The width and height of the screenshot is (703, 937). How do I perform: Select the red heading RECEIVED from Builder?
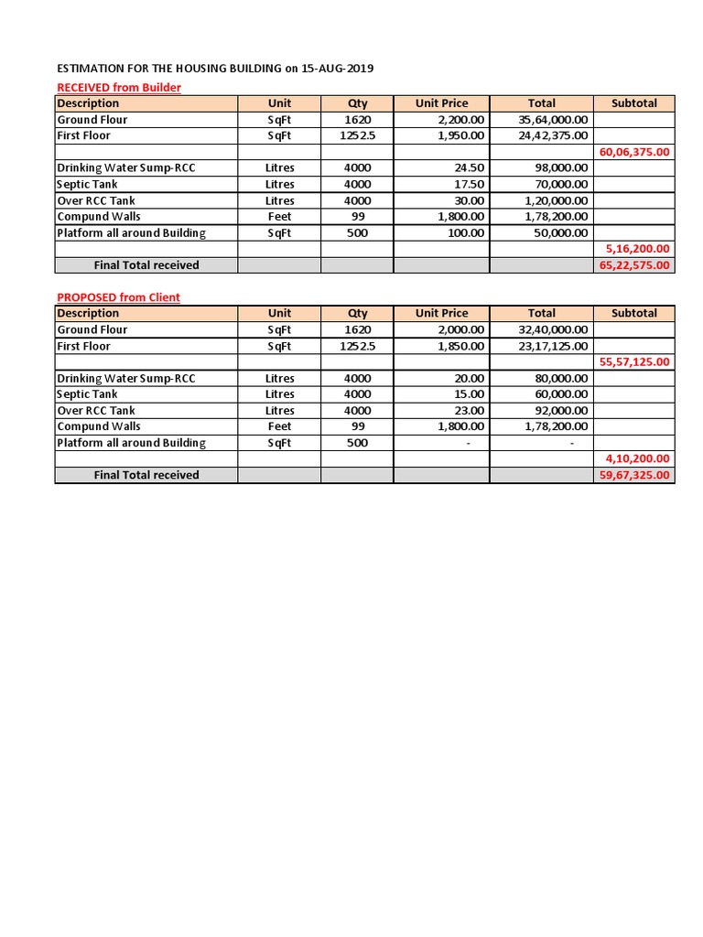click(x=119, y=87)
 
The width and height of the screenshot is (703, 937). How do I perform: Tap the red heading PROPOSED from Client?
click(x=118, y=297)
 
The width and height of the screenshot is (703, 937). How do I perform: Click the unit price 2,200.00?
click(x=461, y=120)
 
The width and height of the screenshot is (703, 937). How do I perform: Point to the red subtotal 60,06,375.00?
click(x=634, y=152)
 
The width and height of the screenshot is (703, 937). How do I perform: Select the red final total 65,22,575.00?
click(x=634, y=265)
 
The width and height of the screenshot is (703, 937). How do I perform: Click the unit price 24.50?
click(x=470, y=168)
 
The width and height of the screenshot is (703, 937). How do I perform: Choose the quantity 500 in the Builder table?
click(x=357, y=233)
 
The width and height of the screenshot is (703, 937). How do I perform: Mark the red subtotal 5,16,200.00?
click(x=637, y=249)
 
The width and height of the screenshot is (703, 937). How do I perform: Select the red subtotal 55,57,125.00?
click(x=634, y=362)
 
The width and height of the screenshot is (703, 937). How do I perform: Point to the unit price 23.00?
click(x=470, y=411)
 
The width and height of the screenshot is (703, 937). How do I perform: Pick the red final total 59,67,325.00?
click(x=634, y=476)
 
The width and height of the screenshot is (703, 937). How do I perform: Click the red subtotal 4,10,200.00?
click(x=637, y=458)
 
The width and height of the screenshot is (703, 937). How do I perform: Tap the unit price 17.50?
click(x=470, y=185)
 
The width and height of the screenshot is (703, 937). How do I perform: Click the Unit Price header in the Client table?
click(x=441, y=313)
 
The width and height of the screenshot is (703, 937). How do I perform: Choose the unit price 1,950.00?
click(x=461, y=135)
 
